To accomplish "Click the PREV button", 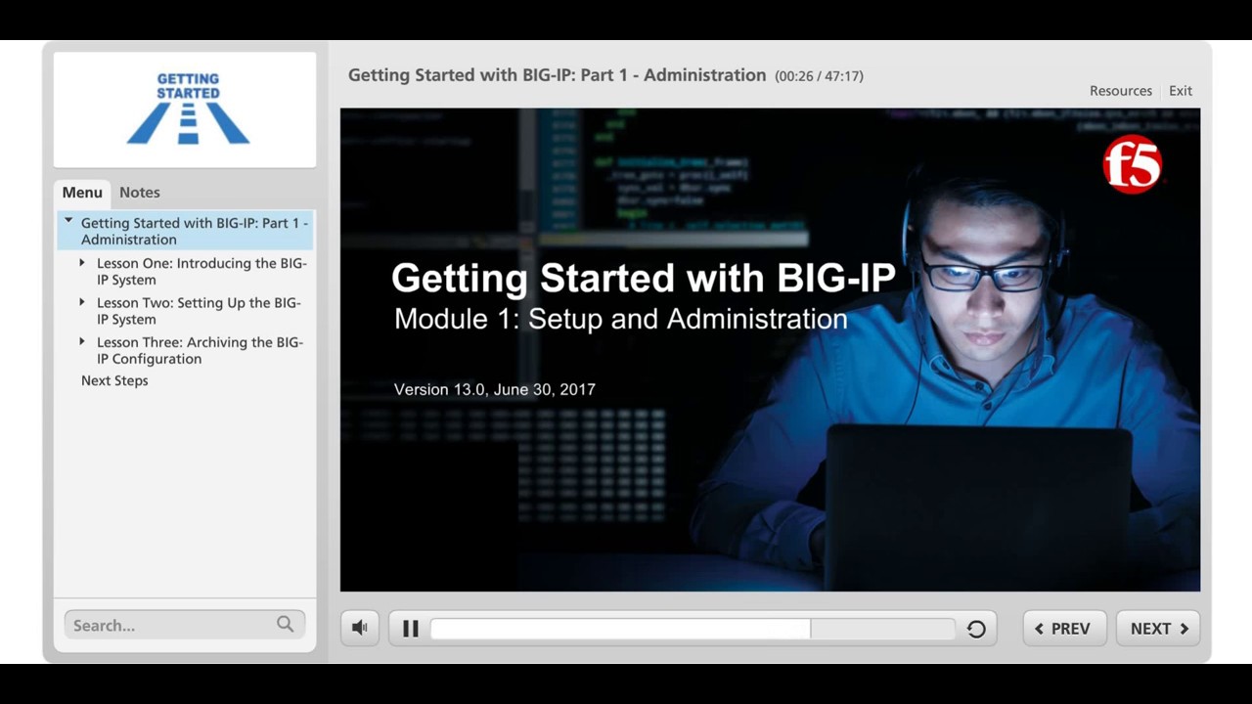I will (1063, 629).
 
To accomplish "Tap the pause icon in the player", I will (411, 629).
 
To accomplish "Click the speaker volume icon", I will (360, 629).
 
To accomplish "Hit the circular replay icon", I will (976, 629).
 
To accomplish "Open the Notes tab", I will (140, 193).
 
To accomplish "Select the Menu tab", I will (82, 193).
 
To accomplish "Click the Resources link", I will (1120, 91).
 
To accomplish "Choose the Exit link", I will (1180, 91).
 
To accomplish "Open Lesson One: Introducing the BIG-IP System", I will (201, 272).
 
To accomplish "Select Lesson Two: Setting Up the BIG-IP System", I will (198, 311).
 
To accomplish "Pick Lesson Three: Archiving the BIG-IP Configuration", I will (199, 350).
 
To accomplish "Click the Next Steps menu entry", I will (114, 380).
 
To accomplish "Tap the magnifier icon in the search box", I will (285, 624).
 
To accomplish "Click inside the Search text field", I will (166, 625).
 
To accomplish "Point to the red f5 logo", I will (1132, 164).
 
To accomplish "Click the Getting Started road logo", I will (188, 109).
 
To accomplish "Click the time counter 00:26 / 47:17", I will (819, 76).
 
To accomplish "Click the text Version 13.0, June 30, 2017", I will (494, 389).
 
